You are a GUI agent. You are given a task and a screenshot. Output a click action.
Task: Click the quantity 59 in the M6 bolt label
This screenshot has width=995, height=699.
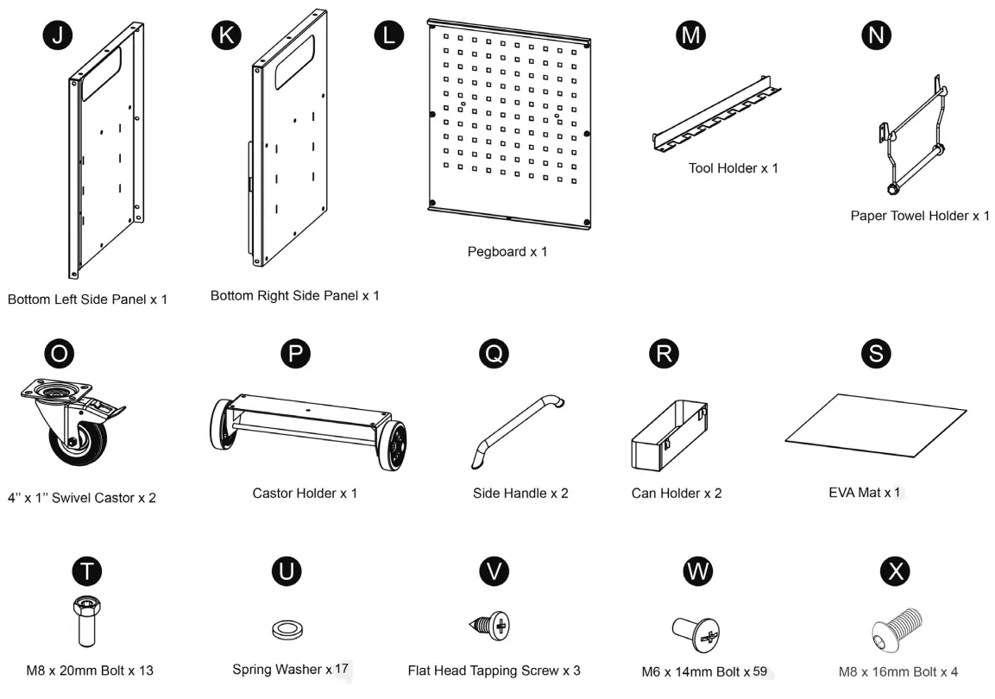(x=759, y=671)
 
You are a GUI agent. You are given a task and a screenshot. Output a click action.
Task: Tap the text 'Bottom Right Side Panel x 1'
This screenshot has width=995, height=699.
(x=294, y=296)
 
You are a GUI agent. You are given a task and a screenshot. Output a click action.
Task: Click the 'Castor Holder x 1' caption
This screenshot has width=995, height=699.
(x=305, y=494)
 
